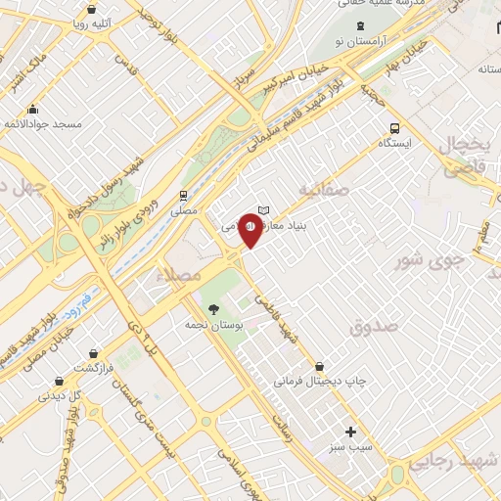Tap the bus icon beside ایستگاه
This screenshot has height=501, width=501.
click(x=394, y=128)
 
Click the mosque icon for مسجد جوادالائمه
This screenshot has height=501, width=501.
click(x=33, y=110)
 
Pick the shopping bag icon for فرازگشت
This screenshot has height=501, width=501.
click(x=93, y=353)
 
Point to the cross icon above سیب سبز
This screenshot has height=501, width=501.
click(x=351, y=432)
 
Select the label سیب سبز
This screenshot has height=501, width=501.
click(x=351, y=446)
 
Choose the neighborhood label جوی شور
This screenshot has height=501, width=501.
click(x=430, y=261)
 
